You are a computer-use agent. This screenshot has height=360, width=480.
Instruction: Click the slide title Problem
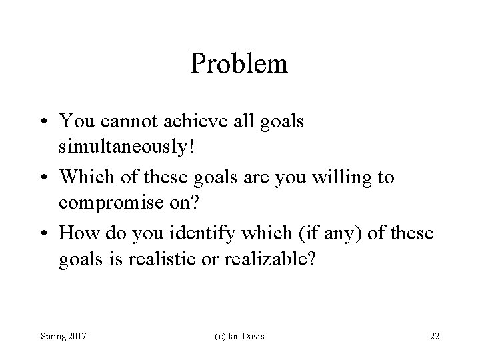pos(239,64)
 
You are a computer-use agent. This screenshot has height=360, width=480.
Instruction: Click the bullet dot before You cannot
pos(46,121)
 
